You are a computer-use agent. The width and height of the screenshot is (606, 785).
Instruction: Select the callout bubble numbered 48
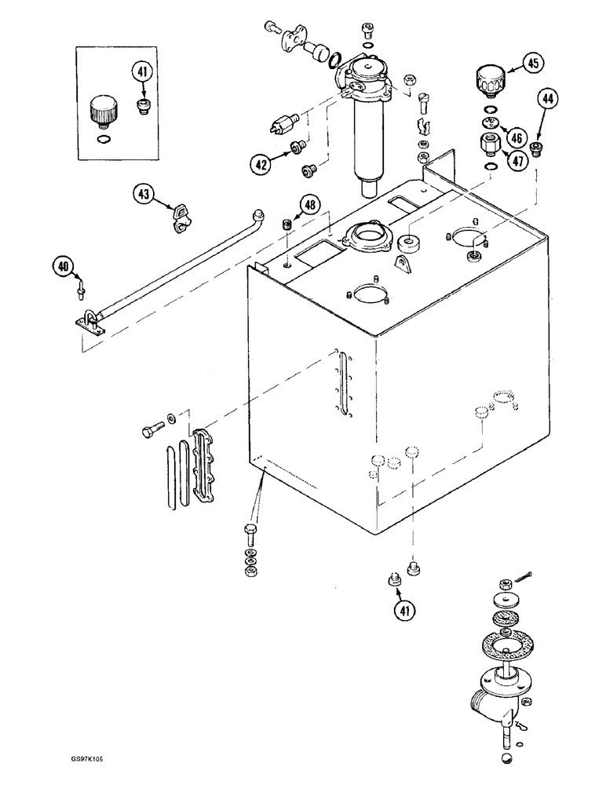(311, 206)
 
